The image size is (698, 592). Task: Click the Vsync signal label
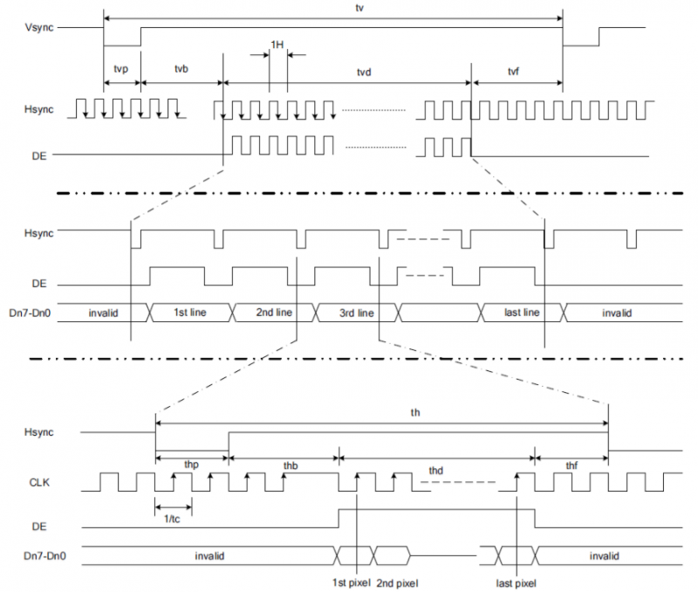(x=39, y=28)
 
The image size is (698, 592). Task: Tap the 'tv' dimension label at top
(x=359, y=8)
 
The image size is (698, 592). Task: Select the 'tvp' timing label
(x=121, y=69)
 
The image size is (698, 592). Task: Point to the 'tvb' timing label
(x=181, y=69)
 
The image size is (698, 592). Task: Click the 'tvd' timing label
(x=364, y=72)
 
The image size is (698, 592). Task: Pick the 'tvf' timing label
(x=513, y=72)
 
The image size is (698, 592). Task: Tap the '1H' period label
(x=277, y=45)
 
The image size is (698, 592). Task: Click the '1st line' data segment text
(x=190, y=313)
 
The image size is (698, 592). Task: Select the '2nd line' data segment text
(x=274, y=313)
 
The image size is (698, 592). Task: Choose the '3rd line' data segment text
(x=357, y=313)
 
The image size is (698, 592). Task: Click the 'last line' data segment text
(x=522, y=313)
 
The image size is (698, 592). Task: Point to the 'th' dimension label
(x=415, y=412)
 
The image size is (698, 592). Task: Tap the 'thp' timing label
(x=191, y=465)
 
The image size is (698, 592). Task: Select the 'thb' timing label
(x=291, y=465)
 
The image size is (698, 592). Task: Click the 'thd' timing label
(x=435, y=471)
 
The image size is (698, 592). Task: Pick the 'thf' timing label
(x=571, y=465)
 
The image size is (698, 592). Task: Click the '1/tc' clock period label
(x=172, y=519)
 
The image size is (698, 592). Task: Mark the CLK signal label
(x=39, y=483)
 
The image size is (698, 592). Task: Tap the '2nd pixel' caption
(x=397, y=583)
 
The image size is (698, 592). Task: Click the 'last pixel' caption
(x=516, y=583)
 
